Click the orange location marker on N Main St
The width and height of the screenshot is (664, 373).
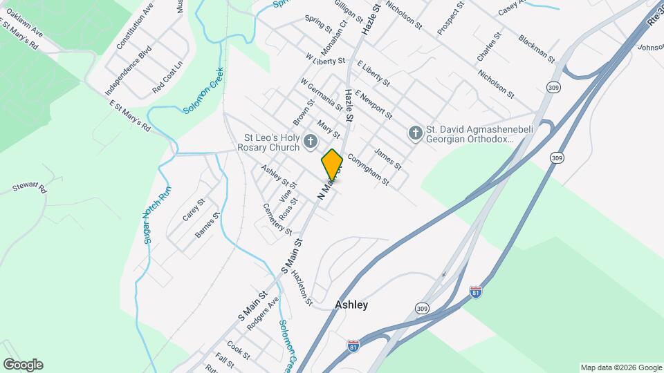[x=332, y=164]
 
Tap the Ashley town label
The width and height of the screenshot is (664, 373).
[x=351, y=305]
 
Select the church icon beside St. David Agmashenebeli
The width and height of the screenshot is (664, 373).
[x=415, y=133]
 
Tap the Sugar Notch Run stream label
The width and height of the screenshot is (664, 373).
[x=156, y=207]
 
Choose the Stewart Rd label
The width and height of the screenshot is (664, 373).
[x=30, y=188]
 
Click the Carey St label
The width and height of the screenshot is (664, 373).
[x=194, y=210]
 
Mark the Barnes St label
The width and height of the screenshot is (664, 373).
[x=207, y=224]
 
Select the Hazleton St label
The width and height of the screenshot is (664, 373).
[x=302, y=287]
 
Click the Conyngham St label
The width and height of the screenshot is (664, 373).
[x=368, y=170]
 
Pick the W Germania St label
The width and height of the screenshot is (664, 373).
[x=321, y=94]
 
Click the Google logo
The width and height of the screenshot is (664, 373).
[x=23, y=365]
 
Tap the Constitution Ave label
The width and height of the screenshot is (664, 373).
[x=134, y=25]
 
